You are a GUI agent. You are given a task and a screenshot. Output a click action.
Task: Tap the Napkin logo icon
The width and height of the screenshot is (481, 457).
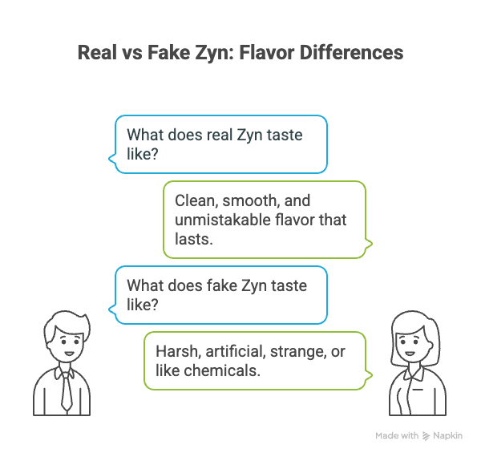click(x=425, y=435)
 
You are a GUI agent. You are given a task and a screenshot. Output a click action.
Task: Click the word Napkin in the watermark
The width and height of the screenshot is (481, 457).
click(x=449, y=435)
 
